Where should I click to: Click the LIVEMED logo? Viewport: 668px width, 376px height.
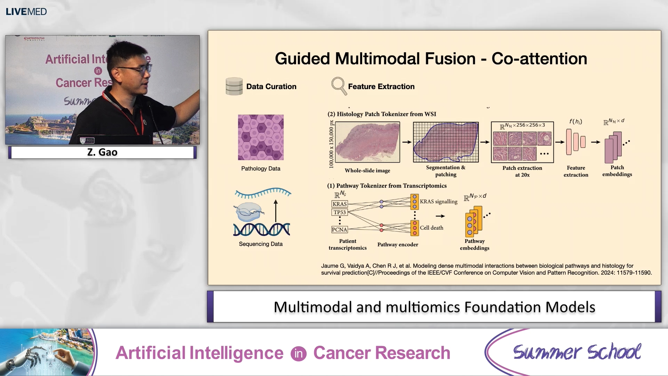click(x=26, y=11)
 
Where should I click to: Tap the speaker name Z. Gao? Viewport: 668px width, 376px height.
click(x=102, y=152)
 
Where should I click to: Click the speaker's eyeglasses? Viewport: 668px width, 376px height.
click(x=137, y=69)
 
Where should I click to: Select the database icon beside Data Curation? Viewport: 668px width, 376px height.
click(x=234, y=86)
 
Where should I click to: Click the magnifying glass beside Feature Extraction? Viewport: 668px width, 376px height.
click(x=339, y=86)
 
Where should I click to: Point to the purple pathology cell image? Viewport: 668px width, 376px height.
click(x=261, y=137)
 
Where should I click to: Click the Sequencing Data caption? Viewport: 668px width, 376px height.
click(x=261, y=244)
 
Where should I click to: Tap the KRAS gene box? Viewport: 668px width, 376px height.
click(x=339, y=204)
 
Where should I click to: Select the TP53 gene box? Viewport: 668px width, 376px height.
click(x=340, y=212)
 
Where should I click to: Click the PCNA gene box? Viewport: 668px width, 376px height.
click(x=339, y=229)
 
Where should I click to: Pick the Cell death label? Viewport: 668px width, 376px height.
click(x=431, y=228)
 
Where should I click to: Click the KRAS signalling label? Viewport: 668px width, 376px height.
click(x=438, y=202)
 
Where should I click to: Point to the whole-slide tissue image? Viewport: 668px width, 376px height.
click(x=367, y=142)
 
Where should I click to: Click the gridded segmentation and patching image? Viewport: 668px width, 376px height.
click(x=446, y=142)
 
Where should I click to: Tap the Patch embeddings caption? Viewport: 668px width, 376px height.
click(x=617, y=171)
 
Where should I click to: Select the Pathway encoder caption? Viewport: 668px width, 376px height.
click(x=398, y=244)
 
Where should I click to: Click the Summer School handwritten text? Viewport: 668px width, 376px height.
click(x=577, y=352)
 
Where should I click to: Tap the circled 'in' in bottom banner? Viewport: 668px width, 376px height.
click(x=299, y=353)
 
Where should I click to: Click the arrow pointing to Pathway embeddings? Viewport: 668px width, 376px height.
click(x=440, y=216)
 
